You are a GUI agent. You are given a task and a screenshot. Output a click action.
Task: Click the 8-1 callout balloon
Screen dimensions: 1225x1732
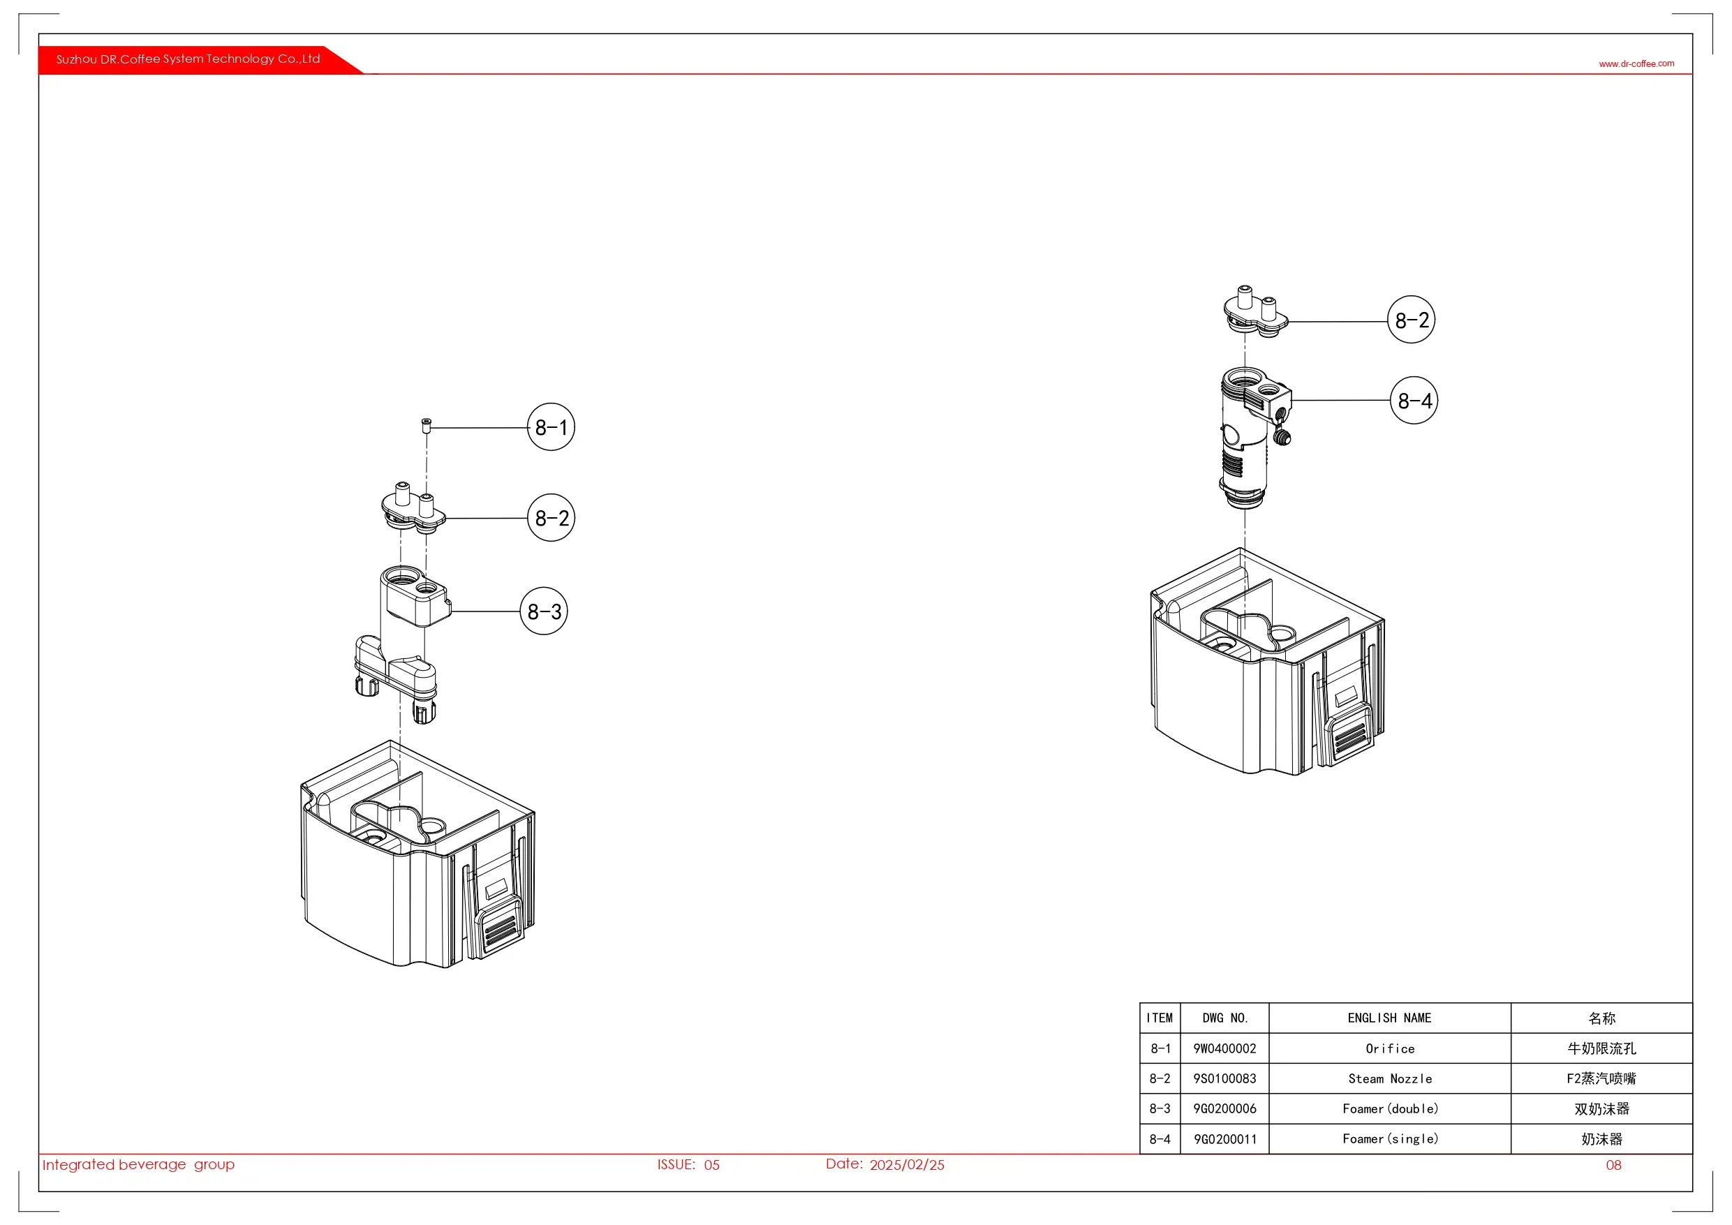click(x=551, y=427)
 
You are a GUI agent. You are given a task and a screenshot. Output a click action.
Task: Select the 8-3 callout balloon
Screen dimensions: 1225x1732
click(x=543, y=611)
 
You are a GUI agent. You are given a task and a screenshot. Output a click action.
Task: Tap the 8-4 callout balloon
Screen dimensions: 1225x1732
click(x=1414, y=401)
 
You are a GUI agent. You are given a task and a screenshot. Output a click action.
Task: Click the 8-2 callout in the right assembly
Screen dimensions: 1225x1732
click(x=1411, y=320)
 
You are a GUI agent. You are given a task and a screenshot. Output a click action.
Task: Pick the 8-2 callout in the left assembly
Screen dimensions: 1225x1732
click(x=551, y=517)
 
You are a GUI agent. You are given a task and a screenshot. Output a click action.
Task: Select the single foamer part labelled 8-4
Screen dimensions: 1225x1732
click(x=1248, y=433)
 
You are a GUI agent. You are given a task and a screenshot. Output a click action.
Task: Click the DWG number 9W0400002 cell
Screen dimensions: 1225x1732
click(x=1224, y=1048)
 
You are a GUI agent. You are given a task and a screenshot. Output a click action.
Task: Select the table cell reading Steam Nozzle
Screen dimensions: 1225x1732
click(x=1389, y=1078)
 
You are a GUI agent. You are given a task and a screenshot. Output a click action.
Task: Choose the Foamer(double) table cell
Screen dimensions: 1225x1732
click(x=1389, y=1109)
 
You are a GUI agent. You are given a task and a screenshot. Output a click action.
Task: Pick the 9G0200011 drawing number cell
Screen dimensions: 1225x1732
click(x=1224, y=1139)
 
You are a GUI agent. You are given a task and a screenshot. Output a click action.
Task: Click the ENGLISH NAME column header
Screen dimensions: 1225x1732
click(x=1389, y=1018)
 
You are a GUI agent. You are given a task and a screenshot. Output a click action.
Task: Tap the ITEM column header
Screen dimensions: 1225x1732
click(x=1160, y=1018)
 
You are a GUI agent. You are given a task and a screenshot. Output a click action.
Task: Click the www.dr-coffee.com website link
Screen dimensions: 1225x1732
click(x=1636, y=64)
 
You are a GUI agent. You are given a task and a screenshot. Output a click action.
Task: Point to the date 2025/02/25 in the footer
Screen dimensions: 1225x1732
click(x=907, y=1165)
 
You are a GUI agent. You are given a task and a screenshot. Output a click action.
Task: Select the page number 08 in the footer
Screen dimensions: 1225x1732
click(x=1613, y=1165)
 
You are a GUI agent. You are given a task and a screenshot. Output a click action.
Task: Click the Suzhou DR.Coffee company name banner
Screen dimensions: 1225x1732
click(x=188, y=59)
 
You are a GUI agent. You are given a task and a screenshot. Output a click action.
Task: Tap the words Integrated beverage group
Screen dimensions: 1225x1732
click(x=139, y=1165)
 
